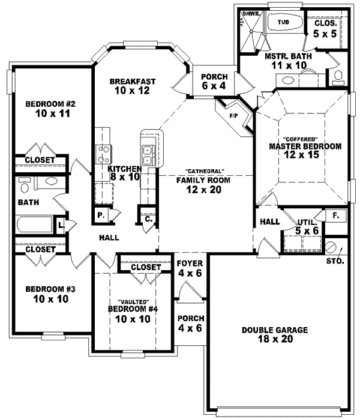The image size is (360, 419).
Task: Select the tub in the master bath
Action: [x=283, y=22]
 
